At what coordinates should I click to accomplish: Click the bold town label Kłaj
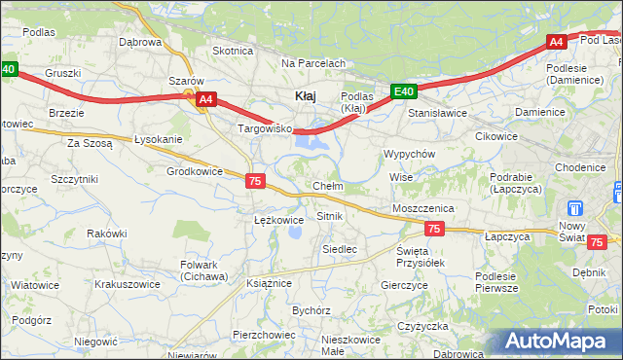(305, 95)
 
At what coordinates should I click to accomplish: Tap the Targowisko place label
(265, 128)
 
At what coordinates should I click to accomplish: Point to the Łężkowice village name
(278, 220)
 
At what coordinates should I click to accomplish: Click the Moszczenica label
(423, 208)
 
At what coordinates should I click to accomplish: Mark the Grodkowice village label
(196, 171)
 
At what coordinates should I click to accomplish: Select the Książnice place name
(270, 282)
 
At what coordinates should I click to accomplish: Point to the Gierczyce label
(405, 285)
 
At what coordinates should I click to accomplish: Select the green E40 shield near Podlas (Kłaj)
(405, 92)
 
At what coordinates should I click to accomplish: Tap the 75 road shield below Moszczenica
(435, 229)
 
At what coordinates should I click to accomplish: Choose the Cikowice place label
(495, 136)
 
